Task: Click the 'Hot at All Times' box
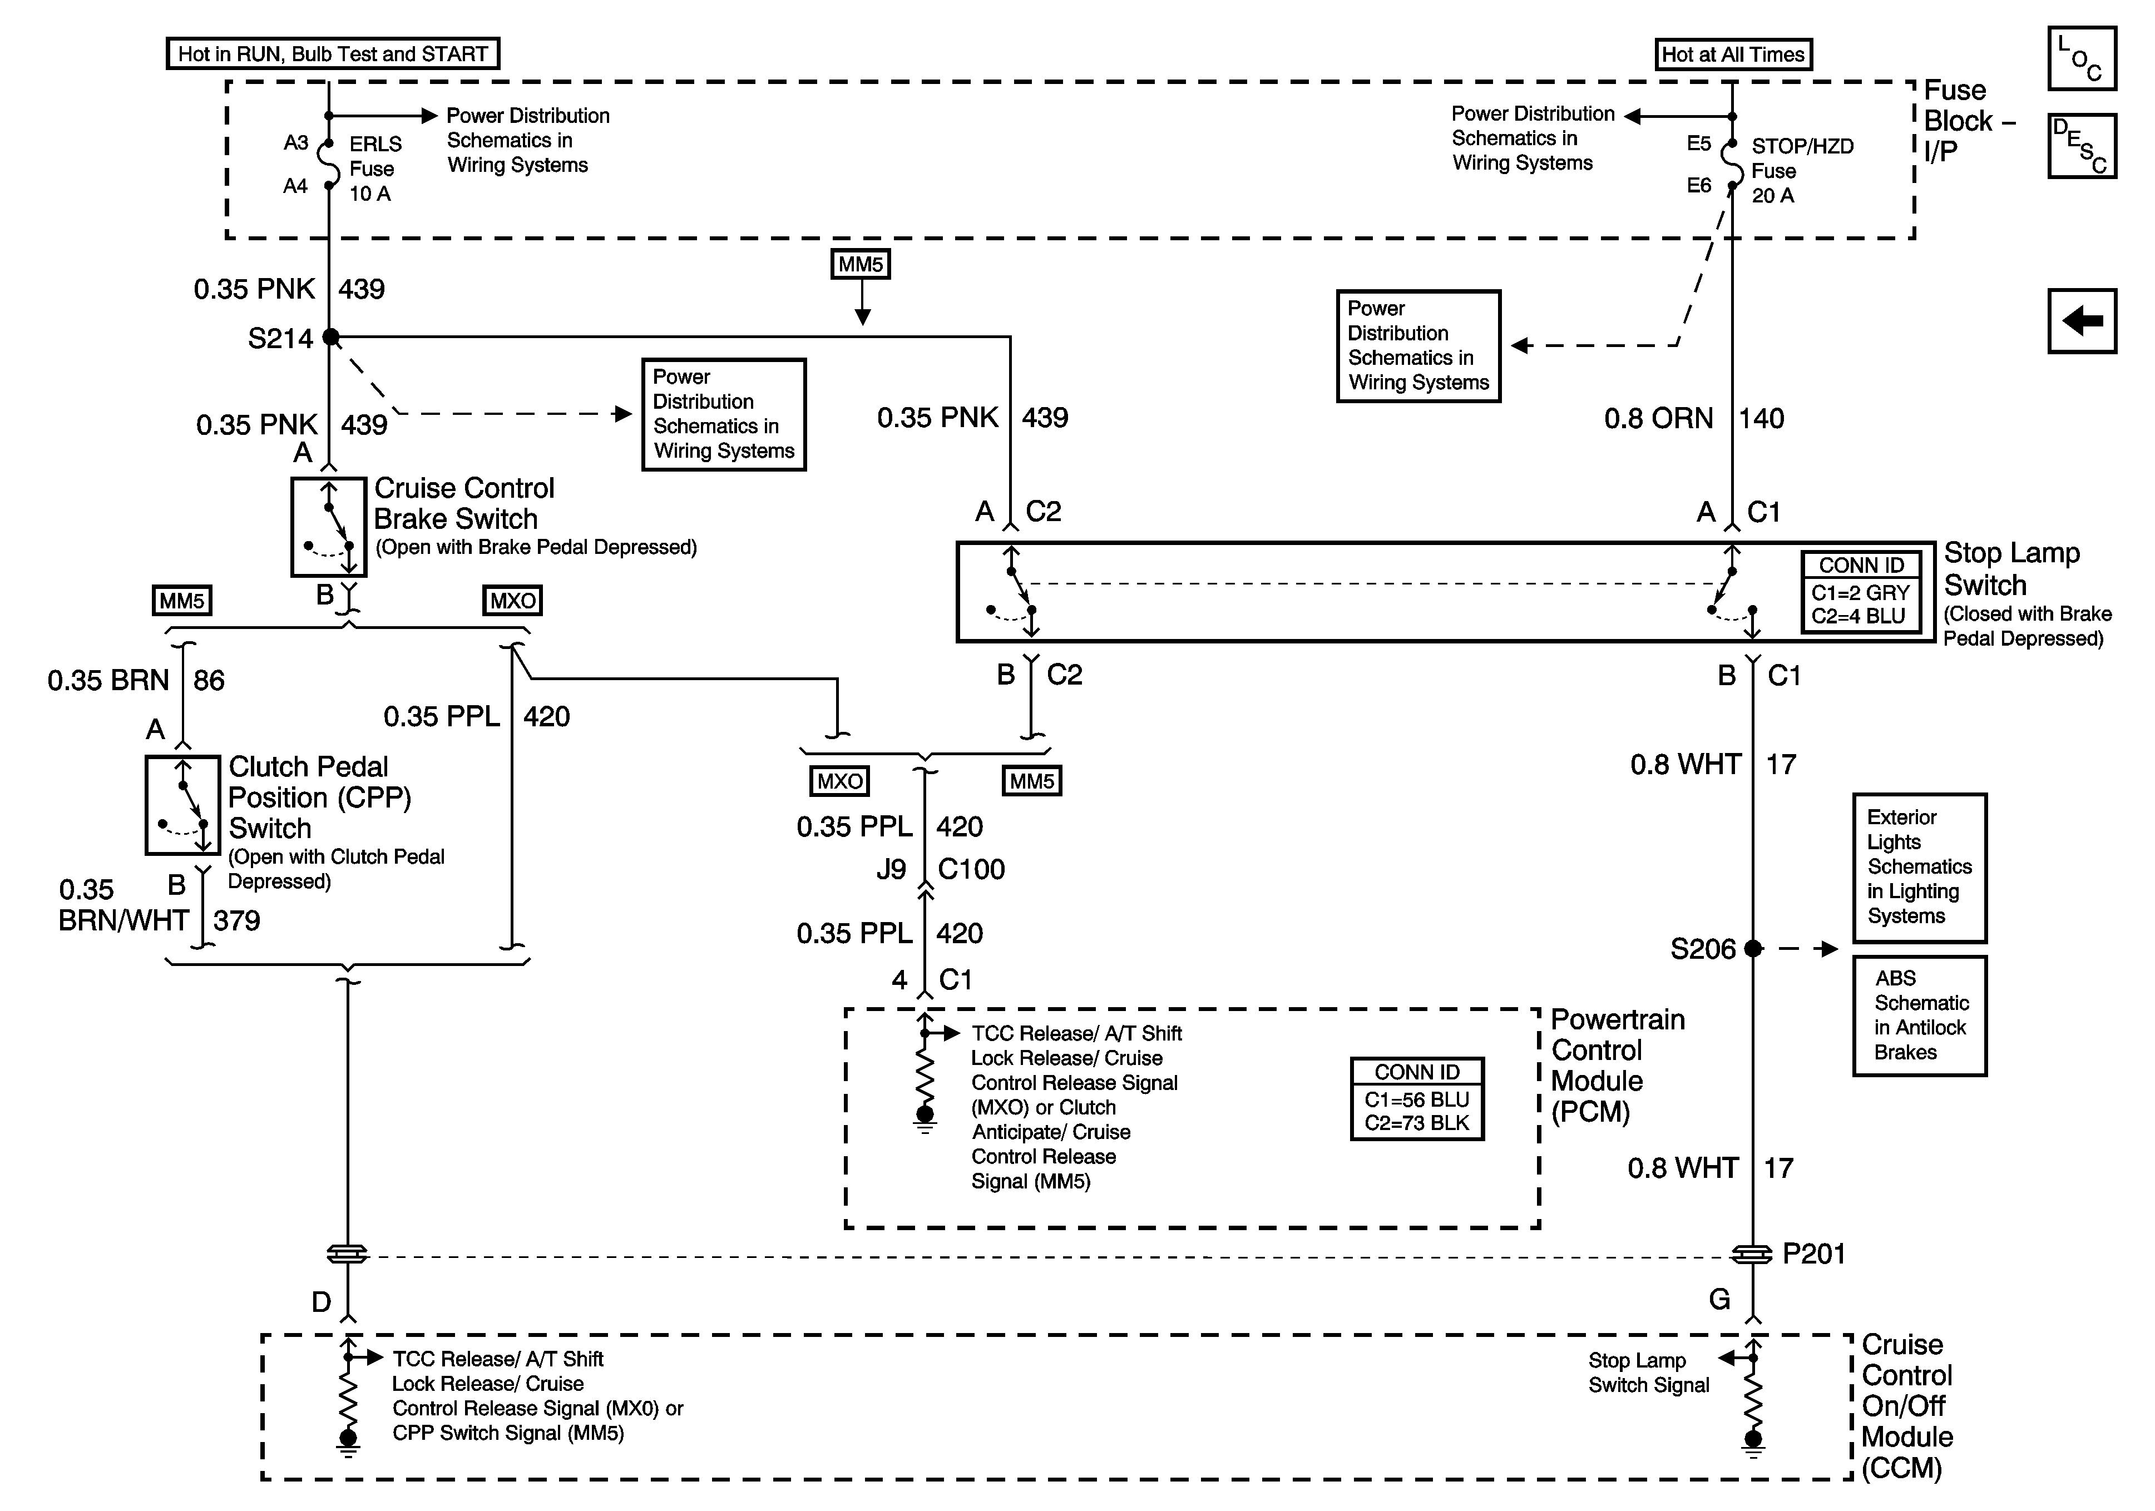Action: pyautogui.click(x=1733, y=55)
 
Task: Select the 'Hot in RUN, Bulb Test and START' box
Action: pyautogui.click(x=332, y=53)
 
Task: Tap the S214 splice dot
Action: pyautogui.click(x=330, y=337)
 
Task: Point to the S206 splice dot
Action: pyautogui.click(x=1752, y=949)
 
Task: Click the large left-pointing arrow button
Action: pyautogui.click(x=2082, y=321)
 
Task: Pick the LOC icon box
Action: pyautogui.click(x=2082, y=58)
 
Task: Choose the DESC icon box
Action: pyautogui.click(x=2082, y=146)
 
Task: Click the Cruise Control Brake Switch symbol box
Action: pyautogui.click(x=329, y=527)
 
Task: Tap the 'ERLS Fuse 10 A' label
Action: pyautogui.click(x=374, y=169)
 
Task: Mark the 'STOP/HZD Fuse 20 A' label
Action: pyautogui.click(x=1801, y=171)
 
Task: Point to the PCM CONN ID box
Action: pyautogui.click(x=1416, y=1098)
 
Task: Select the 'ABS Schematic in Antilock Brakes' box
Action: pyautogui.click(x=1919, y=1015)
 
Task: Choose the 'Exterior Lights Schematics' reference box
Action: pyautogui.click(x=1919, y=867)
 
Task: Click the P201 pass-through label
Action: pyautogui.click(x=1813, y=1254)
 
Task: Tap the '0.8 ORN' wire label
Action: pyautogui.click(x=1658, y=419)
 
